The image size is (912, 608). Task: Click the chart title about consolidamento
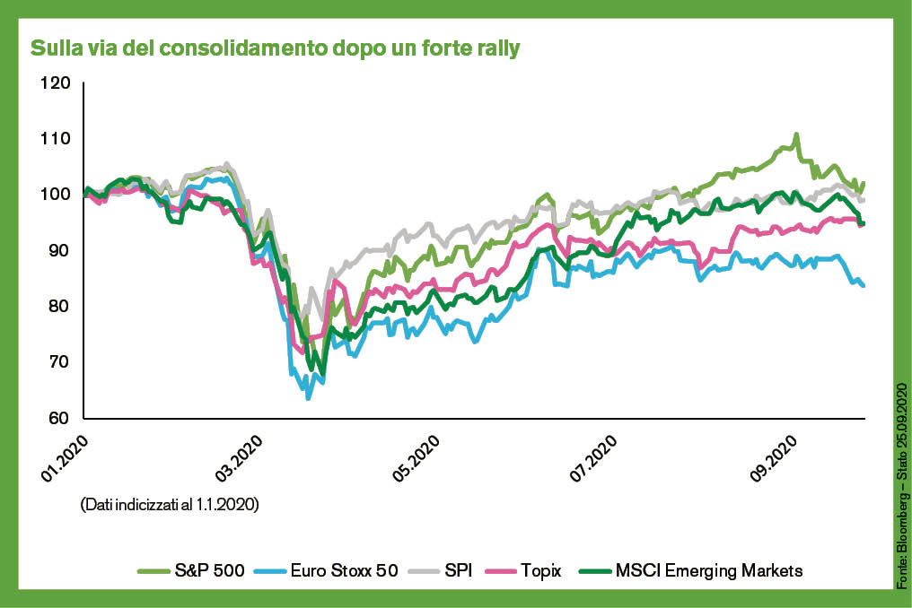pos(276,48)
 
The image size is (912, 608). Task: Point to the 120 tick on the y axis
pos(55,83)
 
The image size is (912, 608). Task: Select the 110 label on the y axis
pos(55,139)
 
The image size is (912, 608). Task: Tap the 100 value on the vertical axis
pos(55,195)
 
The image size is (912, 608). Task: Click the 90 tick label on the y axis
pos(58,250)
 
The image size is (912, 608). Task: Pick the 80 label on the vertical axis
pos(58,307)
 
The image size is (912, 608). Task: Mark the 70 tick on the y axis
pos(58,362)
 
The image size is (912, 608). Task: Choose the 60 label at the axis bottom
pos(58,418)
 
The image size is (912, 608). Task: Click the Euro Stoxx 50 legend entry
pos(332,570)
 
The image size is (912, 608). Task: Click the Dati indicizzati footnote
pos(170,505)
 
